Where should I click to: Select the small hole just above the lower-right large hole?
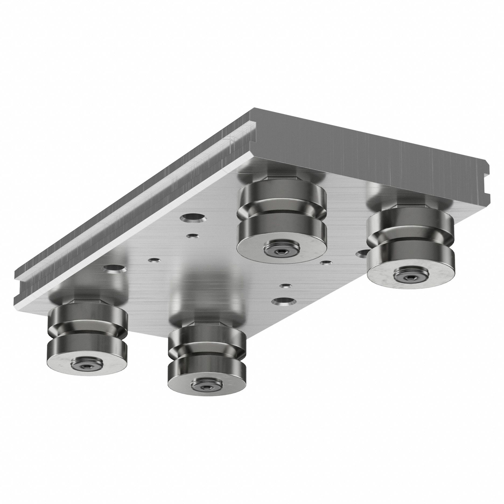(x=285, y=285)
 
